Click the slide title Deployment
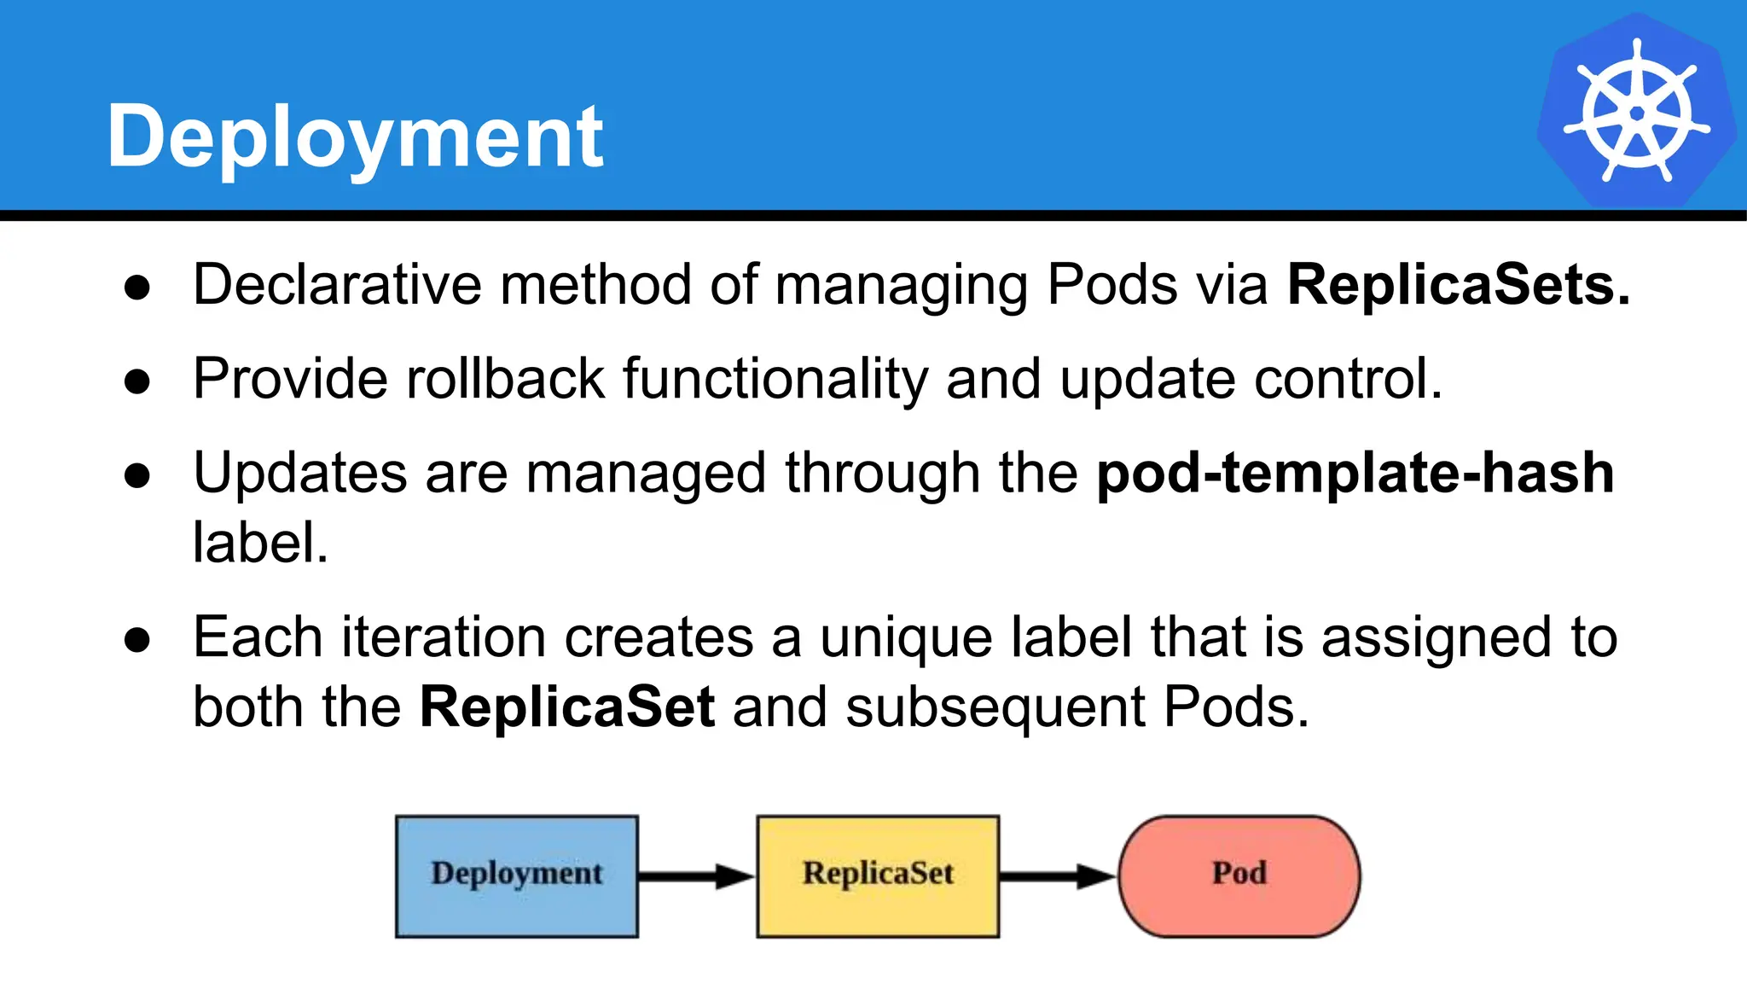[x=355, y=137]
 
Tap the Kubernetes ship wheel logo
[x=1636, y=112]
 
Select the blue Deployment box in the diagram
[x=517, y=875]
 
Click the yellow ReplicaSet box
[x=878, y=875]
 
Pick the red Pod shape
[x=1239, y=875]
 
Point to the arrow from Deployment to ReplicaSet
[x=695, y=876]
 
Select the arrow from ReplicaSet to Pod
[x=1056, y=876]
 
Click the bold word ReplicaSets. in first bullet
[x=1458, y=284]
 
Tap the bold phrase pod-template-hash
[x=1355, y=473]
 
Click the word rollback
[x=505, y=379]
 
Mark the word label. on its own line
[x=260, y=543]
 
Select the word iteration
[x=444, y=637]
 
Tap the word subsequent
[x=995, y=707]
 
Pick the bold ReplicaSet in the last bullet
[x=566, y=707]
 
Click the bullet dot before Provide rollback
[x=137, y=381]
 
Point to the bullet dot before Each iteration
[x=137, y=640]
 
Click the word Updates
[x=300, y=473]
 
